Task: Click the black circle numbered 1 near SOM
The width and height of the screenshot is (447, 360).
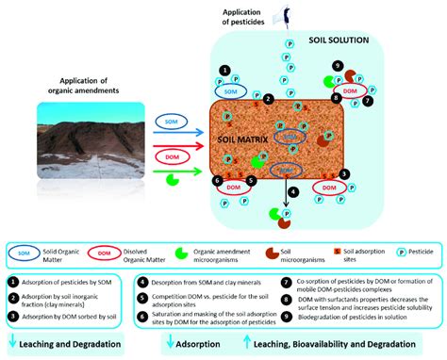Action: [x=223, y=70]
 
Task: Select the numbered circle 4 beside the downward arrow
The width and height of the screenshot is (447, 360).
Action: [x=293, y=191]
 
